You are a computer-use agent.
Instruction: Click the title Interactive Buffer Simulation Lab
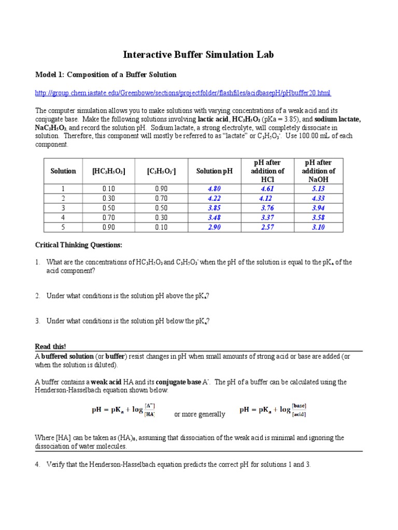click(x=198, y=54)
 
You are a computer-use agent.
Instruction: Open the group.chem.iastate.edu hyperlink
click(x=183, y=93)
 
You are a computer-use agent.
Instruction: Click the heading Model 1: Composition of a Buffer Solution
click(x=106, y=75)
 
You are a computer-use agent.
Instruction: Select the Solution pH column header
click(x=215, y=171)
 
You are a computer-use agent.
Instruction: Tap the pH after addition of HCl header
click(x=267, y=171)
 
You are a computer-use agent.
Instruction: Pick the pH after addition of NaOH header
click(x=318, y=171)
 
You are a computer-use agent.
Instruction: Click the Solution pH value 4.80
click(x=215, y=189)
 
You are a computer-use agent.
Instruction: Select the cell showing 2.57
click(x=267, y=228)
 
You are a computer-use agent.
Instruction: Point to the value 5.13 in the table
click(x=318, y=189)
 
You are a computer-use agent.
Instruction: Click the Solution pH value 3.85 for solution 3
click(x=215, y=208)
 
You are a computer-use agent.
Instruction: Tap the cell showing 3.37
click(x=267, y=218)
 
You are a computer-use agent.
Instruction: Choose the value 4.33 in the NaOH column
click(x=318, y=198)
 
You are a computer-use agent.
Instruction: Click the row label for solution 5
click(x=63, y=228)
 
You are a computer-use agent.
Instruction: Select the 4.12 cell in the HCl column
click(x=266, y=198)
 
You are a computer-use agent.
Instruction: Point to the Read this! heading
click(x=50, y=346)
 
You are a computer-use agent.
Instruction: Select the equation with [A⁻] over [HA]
click(x=124, y=410)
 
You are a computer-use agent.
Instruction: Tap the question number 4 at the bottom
click(x=38, y=464)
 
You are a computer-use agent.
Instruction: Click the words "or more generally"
click(x=200, y=414)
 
